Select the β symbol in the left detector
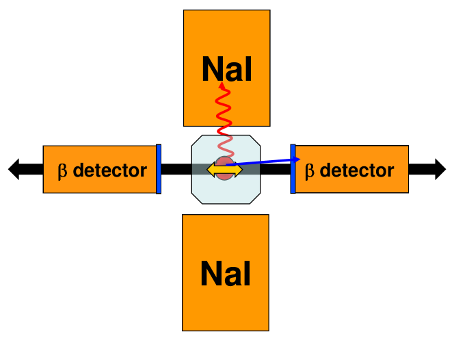pos(63,170)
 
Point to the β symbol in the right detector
pos(309,170)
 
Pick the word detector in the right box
pos(356,170)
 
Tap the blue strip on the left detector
pos(159,169)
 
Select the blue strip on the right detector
pos(293,169)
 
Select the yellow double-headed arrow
pos(224,168)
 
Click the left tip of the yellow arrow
pos(209,168)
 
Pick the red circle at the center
pos(224,175)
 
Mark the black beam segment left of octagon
pos(176,169)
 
